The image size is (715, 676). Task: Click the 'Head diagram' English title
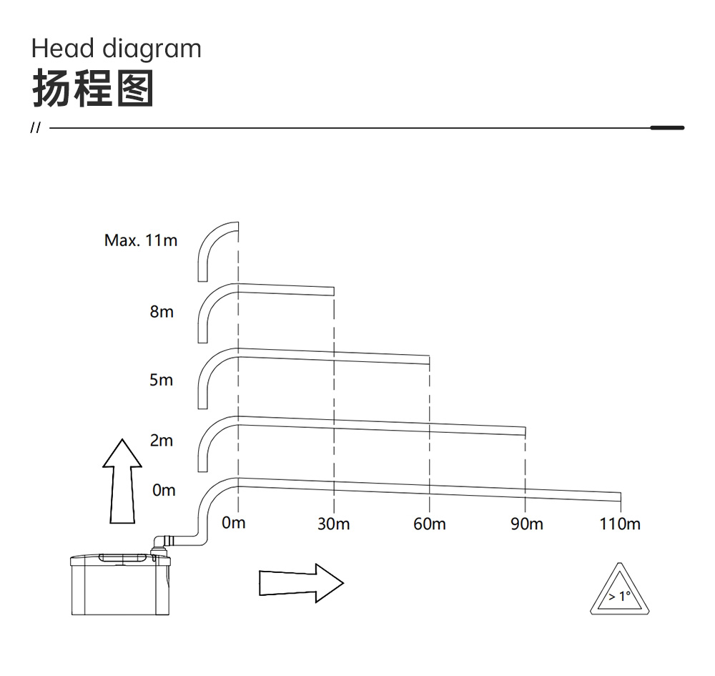[117, 49]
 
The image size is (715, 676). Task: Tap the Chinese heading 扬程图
[93, 89]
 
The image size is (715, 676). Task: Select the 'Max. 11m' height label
[140, 240]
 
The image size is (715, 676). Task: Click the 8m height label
[162, 312]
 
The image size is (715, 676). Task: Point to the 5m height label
[162, 380]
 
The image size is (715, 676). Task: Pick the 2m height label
[162, 440]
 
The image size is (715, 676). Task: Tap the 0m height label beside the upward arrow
[164, 490]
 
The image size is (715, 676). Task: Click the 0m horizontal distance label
[234, 523]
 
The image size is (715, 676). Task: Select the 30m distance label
[334, 524]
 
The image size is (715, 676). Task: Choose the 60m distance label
[430, 524]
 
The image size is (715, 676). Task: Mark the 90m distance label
[527, 524]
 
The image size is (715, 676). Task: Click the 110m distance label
[620, 524]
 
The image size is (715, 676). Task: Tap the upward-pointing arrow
[122, 481]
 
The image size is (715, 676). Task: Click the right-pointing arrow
[302, 583]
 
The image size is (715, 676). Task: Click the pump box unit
[120, 584]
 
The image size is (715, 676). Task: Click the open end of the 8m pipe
[334, 291]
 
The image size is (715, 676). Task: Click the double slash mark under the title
[35, 128]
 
